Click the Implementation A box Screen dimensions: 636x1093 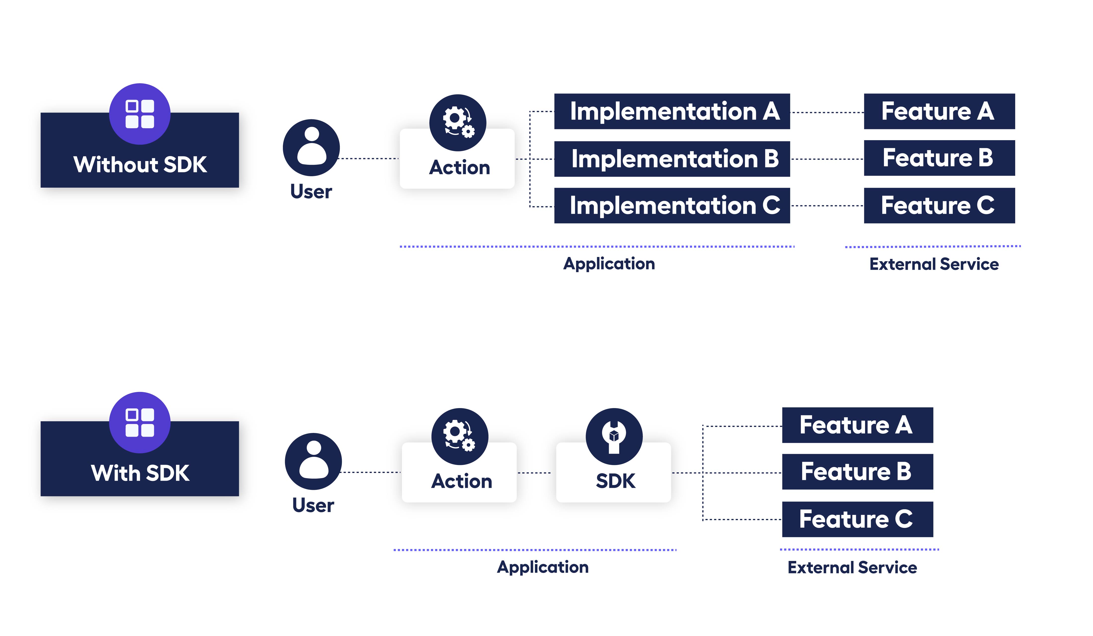[x=672, y=111]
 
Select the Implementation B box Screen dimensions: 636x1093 [x=672, y=159]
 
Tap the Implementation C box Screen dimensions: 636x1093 [x=672, y=206]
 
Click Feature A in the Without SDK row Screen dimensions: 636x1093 [x=939, y=111]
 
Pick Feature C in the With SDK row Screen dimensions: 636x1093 [x=857, y=519]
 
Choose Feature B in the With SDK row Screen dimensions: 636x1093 [x=857, y=472]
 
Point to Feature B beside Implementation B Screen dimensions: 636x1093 [x=939, y=158]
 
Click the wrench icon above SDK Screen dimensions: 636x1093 [x=614, y=436]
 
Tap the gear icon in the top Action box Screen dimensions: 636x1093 [x=458, y=122]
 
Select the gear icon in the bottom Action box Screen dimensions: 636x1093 [x=460, y=436]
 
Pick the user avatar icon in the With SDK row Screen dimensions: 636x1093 [x=313, y=461]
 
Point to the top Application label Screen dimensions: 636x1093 [x=609, y=264]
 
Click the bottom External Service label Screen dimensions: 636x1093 [x=852, y=567]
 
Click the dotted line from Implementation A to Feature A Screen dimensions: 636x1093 [x=827, y=112]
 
